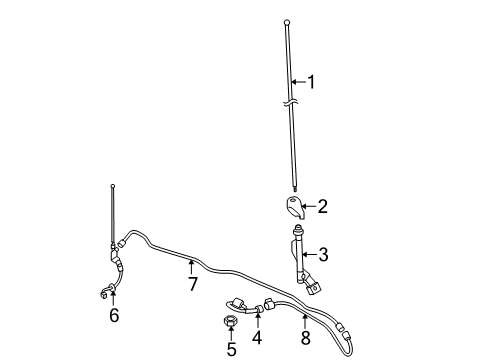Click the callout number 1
point(311,82)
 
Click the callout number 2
point(323,207)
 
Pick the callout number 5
point(231,349)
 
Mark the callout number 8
point(305,338)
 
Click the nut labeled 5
point(231,321)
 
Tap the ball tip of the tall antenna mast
point(287,20)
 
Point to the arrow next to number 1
point(297,82)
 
